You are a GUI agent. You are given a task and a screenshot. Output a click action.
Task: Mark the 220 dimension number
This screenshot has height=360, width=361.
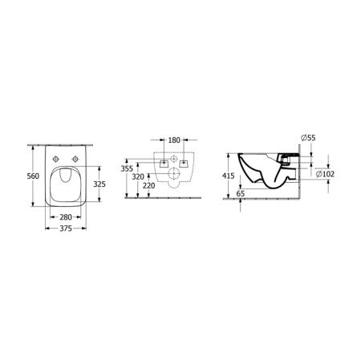click(149, 186)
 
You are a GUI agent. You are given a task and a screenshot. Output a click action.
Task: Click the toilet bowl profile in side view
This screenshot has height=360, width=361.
click(269, 172)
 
